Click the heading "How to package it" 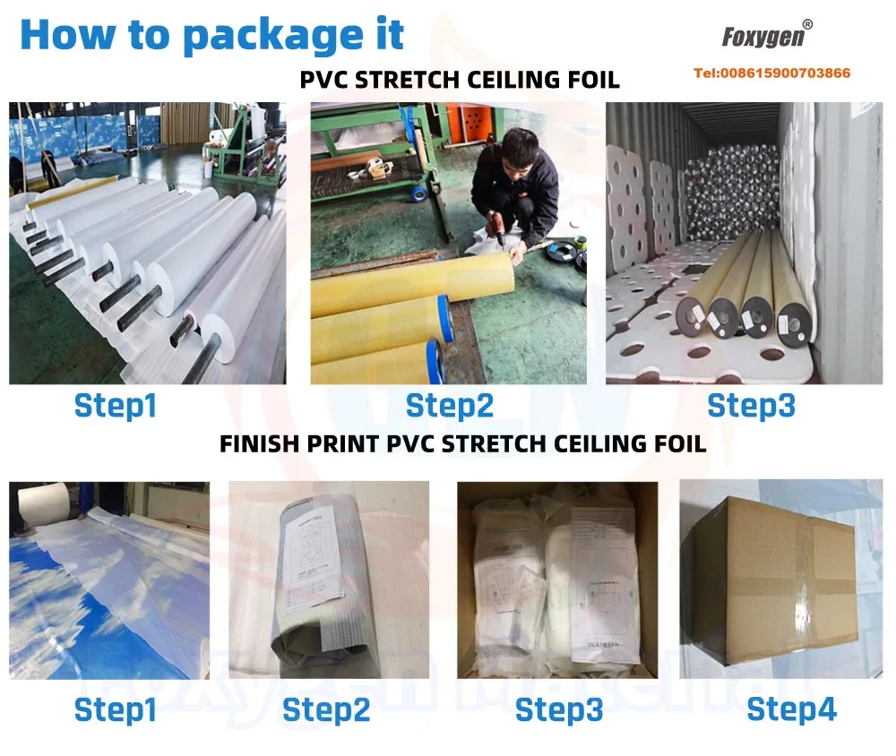(x=211, y=34)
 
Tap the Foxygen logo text (x=761, y=38)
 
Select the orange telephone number (x=771, y=73)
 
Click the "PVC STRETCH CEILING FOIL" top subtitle (x=460, y=80)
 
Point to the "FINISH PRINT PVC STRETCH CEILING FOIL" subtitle (x=462, y=443)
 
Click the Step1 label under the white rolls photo (x=116, y=406)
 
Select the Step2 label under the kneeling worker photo (x=449, y=406)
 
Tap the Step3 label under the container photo (x=751, y=406)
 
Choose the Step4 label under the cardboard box (x=791, y=709)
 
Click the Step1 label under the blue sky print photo (x=116, y=710)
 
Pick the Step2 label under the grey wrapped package (x=326, y=710)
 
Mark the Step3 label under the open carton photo (x=559, y=710)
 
